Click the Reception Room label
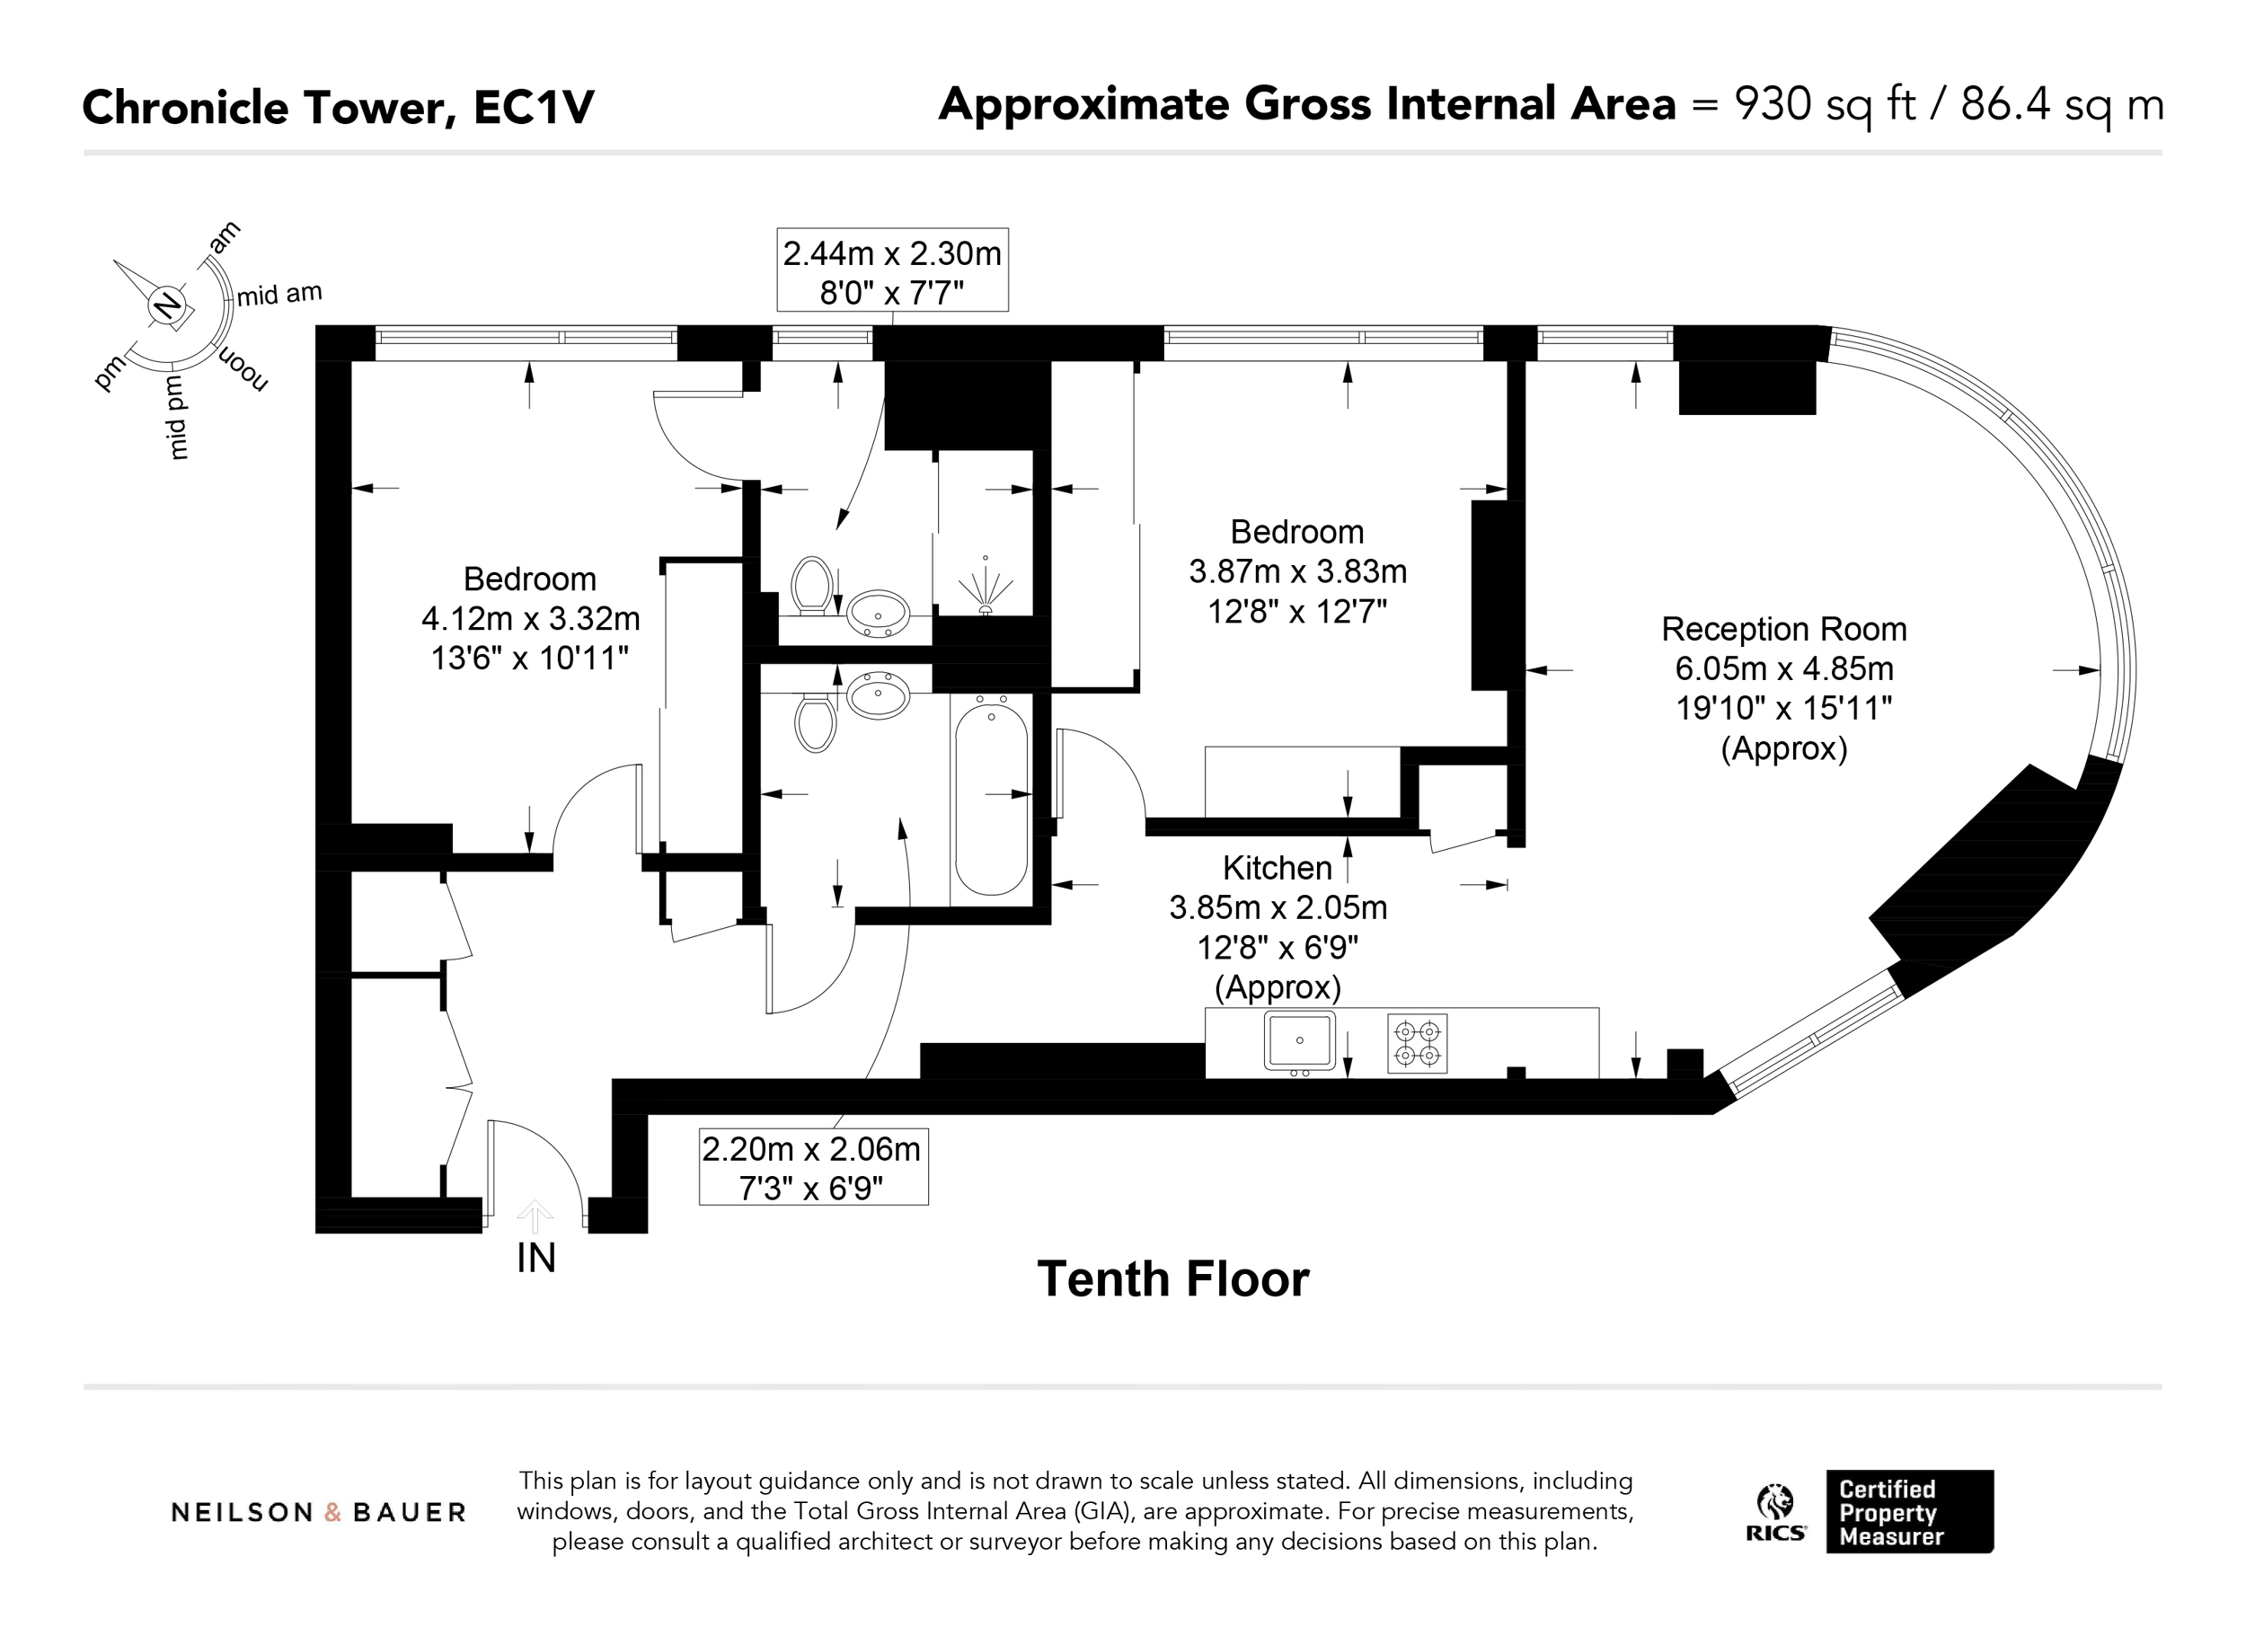[1783, 629]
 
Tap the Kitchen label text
[1277, 868]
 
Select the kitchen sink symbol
[1299, 1042]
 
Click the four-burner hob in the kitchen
[1417, 1044]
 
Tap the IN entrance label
[535, 1258]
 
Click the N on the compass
[167, 306]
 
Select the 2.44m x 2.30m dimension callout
[892, 270]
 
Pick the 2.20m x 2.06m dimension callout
[813, 1167]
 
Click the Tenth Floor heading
[1172, 1278]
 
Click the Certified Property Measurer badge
[1909, 1512]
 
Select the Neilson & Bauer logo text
[318, 1512]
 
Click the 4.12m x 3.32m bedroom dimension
[530, 619]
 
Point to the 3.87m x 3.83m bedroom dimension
[1297, 571]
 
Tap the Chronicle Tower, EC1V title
[339, 108]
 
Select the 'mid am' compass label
[279, 294]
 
